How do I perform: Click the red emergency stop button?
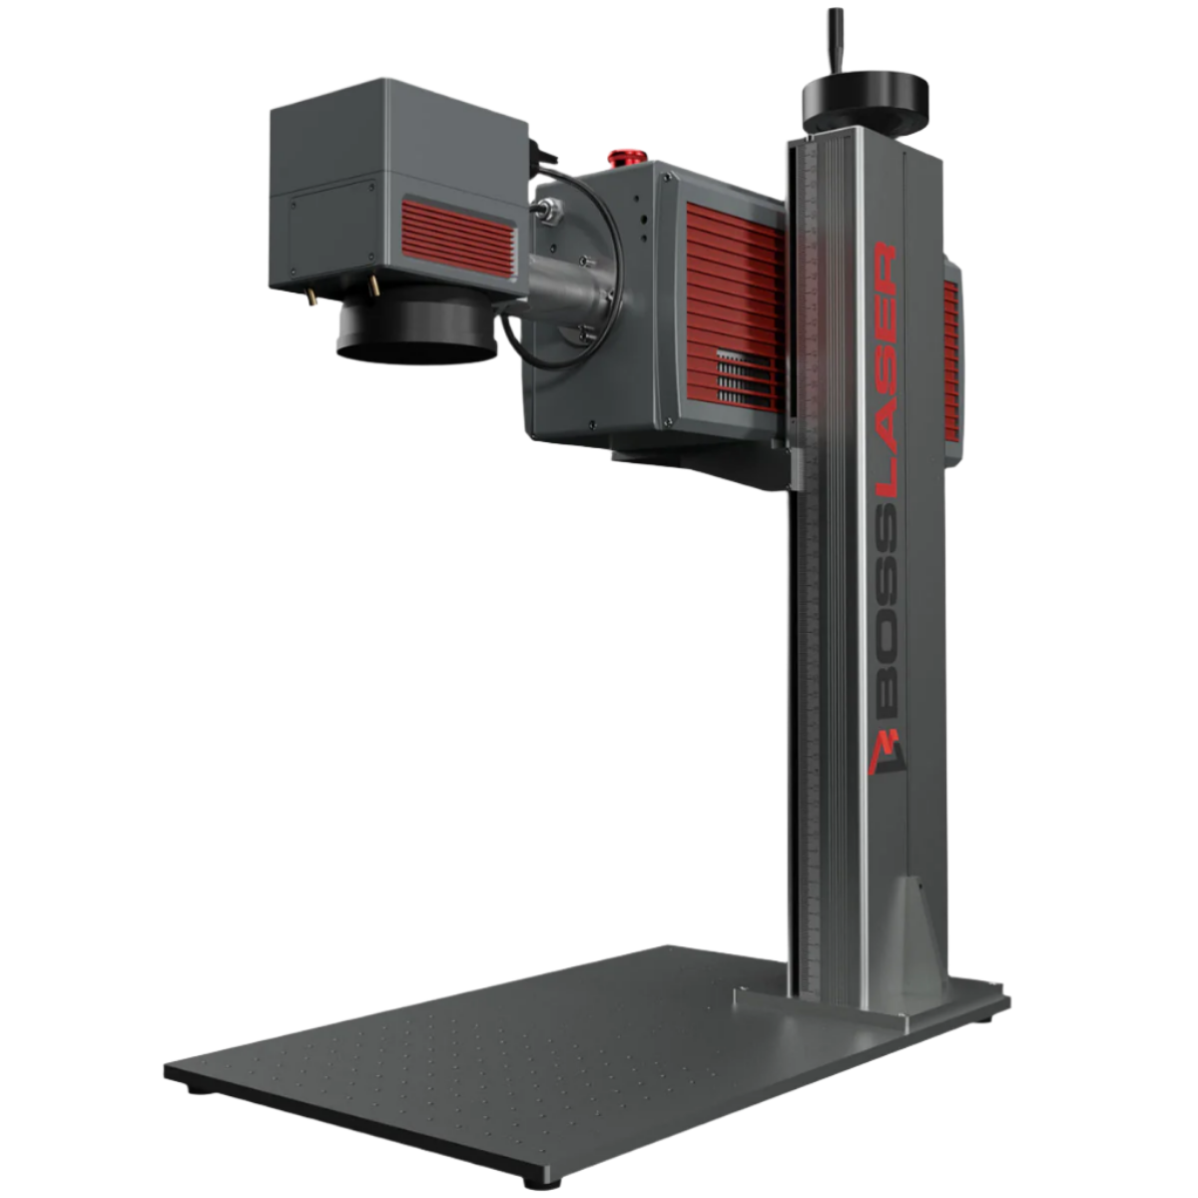pyautogui.click(x=624, y=157)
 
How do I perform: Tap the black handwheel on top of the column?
pyautogui.click(x=866, y=99)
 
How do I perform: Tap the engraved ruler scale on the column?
pyautogui.click(x=812, y=649)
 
